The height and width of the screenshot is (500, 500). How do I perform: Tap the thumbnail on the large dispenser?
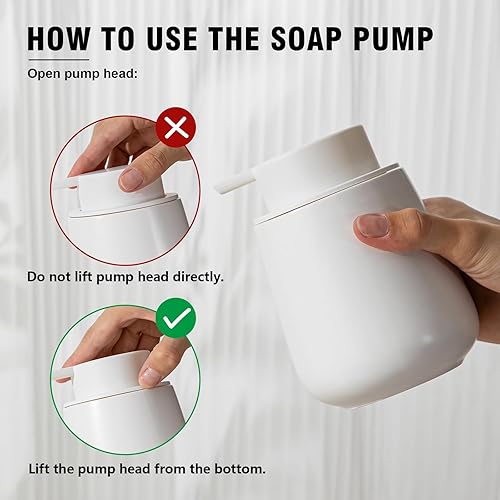coord(373,225)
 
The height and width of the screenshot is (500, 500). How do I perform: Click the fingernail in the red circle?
coord(131,179)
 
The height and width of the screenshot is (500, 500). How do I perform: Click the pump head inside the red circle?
coord(100,190)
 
